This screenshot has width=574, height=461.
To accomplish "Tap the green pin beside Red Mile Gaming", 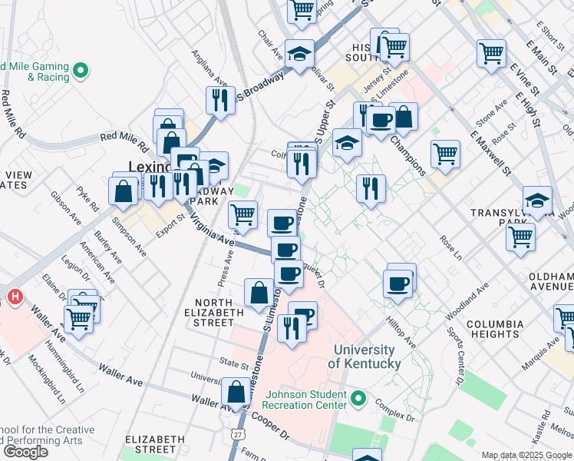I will coord(81,72).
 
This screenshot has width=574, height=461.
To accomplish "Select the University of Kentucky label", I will coord(366,357).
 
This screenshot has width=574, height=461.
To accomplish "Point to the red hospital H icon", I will coord(13,296).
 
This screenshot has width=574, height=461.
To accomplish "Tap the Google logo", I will coord(25,451).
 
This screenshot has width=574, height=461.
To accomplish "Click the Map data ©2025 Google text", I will coord(526,455).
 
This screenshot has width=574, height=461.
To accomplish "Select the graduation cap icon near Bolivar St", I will coord(299,53).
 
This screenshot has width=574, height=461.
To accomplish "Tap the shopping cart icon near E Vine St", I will coord(491,53).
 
